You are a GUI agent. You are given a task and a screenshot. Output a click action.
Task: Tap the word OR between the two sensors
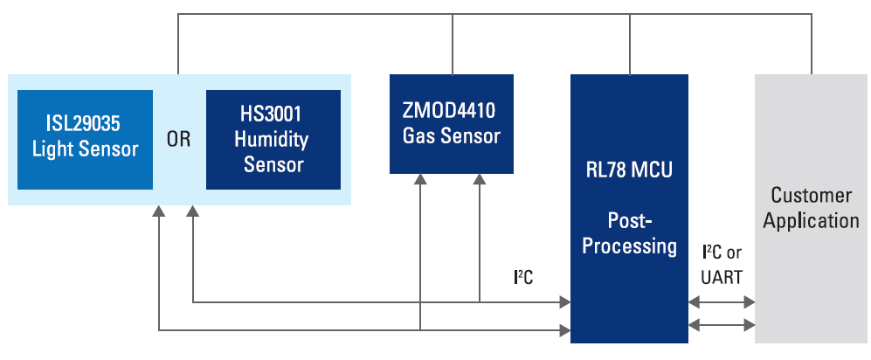tap(178, 140)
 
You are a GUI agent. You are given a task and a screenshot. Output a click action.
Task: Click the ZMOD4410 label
tap(451, 110)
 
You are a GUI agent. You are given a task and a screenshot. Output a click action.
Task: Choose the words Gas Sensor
tap(451, 136)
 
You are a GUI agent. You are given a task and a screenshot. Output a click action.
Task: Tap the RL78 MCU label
tap(629, 170)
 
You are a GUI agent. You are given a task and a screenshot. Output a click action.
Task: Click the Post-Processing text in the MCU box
tap(629, 233)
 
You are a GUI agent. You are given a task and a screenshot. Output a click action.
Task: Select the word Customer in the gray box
tap(811, 195)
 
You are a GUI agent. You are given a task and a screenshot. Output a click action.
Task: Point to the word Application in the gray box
tap(811, 220)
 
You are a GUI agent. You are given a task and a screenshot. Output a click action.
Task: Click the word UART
tap(721, 277)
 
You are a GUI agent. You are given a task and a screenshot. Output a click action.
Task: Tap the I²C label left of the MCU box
tap(523, 278)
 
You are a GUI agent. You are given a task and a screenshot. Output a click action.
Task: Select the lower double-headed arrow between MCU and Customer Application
tap(722, 325)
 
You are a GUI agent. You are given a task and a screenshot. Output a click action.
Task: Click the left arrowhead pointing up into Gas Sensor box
tap(421, 179)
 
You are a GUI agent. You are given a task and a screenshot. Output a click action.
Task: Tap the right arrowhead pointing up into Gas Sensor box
tap(480, 179)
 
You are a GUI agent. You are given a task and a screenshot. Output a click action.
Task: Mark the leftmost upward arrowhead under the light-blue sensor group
tap(159, 212)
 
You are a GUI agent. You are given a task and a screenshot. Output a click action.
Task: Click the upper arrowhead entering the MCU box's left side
tap(563, 303)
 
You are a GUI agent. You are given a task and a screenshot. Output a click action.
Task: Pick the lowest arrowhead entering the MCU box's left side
tap(563, 329)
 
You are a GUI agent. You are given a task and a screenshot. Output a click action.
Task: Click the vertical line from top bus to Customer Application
tap(811, 44)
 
